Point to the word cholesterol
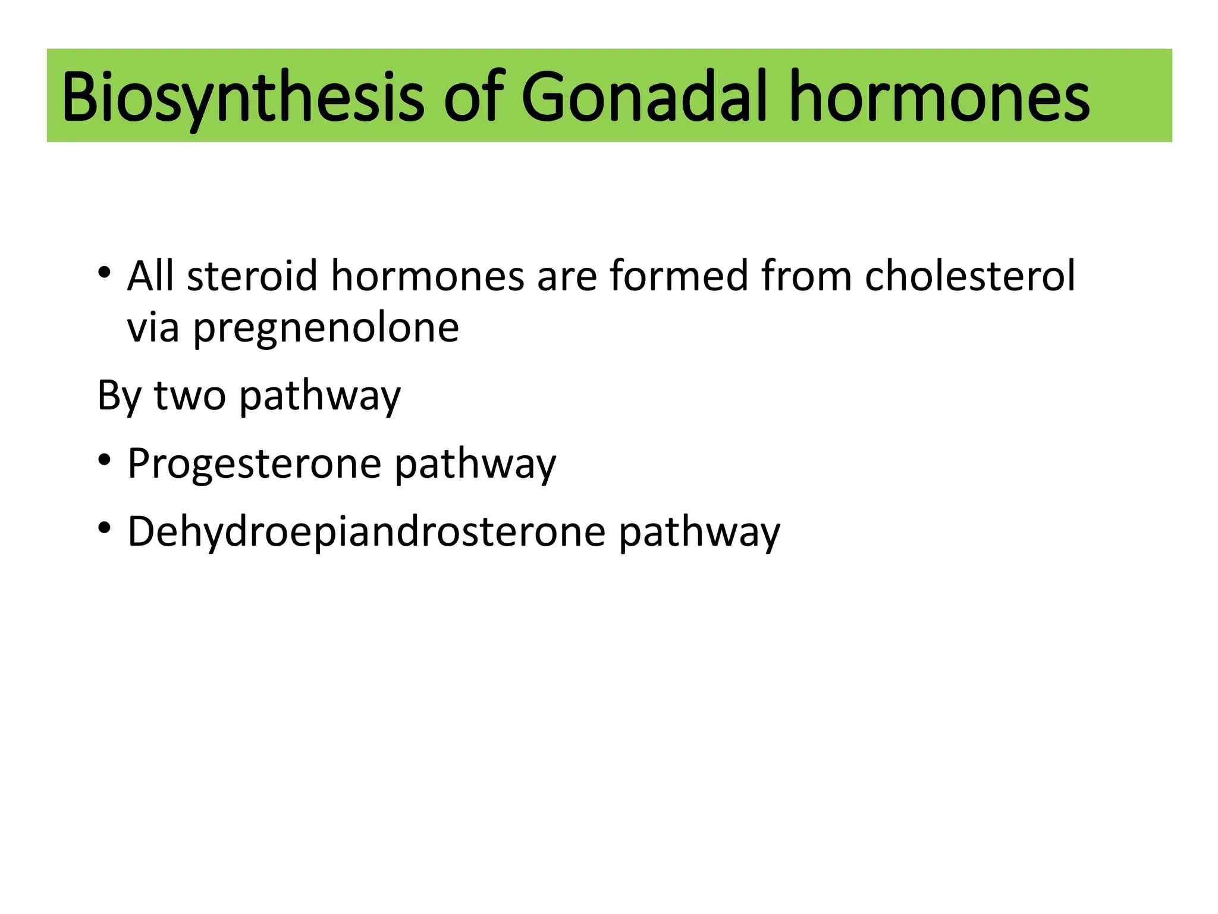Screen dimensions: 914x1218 970,276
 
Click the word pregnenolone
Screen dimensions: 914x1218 326,328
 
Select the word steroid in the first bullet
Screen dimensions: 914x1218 252,276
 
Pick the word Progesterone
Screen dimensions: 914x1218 254,464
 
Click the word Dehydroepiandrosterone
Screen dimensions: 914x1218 366,532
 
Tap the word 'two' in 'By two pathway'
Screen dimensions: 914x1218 190,396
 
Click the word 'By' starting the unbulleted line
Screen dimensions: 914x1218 118,396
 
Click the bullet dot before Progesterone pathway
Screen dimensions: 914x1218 105,460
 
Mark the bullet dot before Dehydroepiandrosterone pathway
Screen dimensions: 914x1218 105,528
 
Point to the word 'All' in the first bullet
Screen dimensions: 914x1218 150,276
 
